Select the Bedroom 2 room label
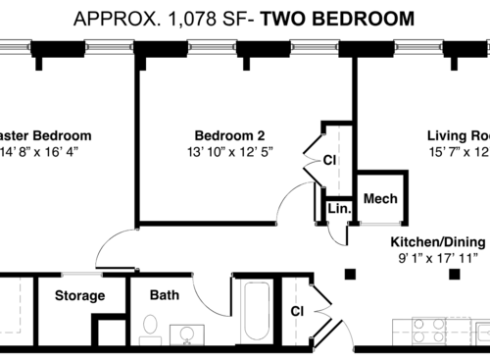(x=228, y=135)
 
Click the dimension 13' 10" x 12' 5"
(x=228, y=152)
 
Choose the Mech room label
(x=379, y=198)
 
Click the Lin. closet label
(x=339, y=209)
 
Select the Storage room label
(x=79, y=295)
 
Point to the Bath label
(x=164, y=294)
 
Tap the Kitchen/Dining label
(x=438, y=241)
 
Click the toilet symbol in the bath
(x=150, y=329)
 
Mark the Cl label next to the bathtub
(x=296, y=311)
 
